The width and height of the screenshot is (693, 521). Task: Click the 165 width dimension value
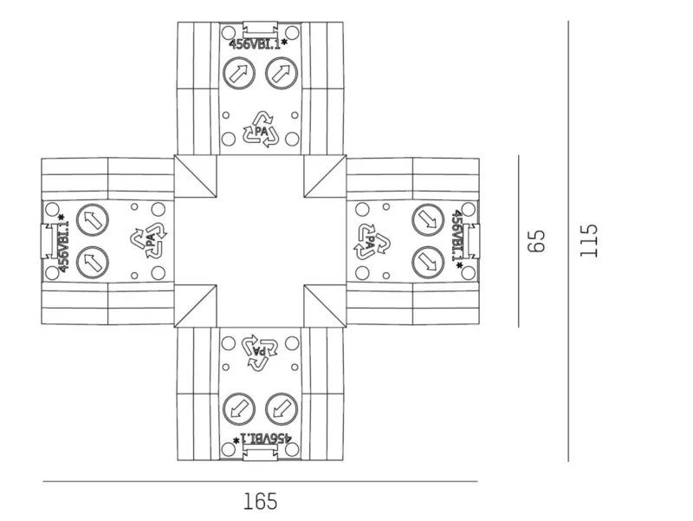coord(261,502)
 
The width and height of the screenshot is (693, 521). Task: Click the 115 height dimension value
coord(589,241)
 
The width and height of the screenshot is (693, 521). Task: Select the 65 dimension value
coord(536,241)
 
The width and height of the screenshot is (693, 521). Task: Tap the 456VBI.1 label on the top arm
coord(258,44)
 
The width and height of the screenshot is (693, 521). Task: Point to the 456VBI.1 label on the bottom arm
coord(262,439)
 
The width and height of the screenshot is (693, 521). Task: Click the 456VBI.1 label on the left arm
coord(62,244)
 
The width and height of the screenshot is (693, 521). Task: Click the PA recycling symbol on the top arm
coord(261,129)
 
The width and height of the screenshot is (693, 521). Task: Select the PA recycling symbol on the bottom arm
coord(260,353)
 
